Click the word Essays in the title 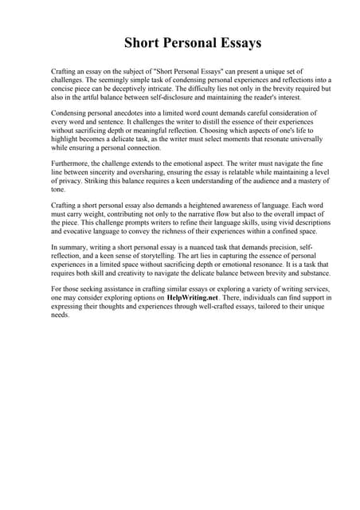click(236, 42)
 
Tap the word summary click(74, 249)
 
